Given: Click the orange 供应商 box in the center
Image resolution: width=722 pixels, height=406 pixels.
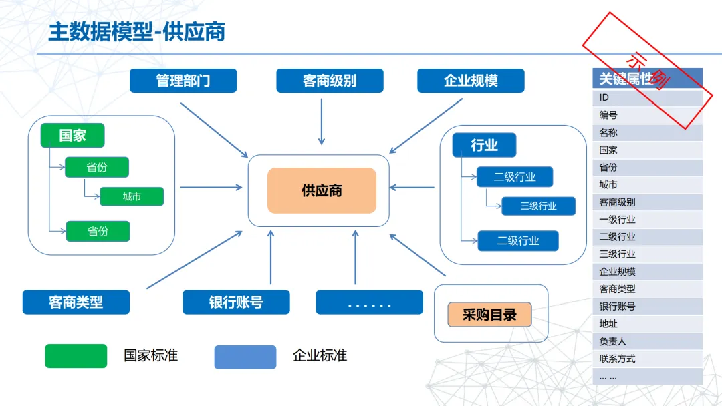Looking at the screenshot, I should [x=322, y=190].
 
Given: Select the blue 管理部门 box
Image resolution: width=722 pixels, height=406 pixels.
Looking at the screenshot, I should [x=183, y=81].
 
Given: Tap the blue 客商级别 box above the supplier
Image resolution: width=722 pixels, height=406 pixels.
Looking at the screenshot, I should [x=330, y=81].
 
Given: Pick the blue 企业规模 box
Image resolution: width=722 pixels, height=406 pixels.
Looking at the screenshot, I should [x=471, y=81].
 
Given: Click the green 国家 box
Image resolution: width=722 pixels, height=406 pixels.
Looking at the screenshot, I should [x=72, y=136].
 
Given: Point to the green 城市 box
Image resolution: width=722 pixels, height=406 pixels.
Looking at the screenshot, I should [x=132, y=196].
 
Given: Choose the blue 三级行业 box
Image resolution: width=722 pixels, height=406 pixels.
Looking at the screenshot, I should [x=538, y=206].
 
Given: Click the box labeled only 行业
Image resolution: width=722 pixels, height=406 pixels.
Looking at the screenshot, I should [x=484, y=145].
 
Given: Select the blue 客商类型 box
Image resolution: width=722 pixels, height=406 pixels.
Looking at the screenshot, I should [x=76, y=302].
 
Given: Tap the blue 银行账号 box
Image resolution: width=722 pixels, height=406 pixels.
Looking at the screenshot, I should [x=236, y=302].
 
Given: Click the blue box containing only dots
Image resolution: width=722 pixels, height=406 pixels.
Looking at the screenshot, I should [x=369, y=302].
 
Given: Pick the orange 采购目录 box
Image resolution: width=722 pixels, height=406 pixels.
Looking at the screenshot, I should [x=489, y=315].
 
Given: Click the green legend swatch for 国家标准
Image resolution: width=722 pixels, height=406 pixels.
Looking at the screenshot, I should [x=76, y=356].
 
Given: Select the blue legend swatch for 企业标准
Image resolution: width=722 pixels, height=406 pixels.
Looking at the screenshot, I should [x=245, y=357].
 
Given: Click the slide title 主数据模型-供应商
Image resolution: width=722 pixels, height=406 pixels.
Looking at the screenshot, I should [x=136, y=32].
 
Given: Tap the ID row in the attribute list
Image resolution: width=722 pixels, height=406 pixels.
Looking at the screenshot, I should [x=646, y=98].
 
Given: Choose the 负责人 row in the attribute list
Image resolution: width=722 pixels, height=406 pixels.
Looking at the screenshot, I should [x=646, y=341].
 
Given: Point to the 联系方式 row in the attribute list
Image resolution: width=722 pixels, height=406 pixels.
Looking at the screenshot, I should [x=646, y=359].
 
